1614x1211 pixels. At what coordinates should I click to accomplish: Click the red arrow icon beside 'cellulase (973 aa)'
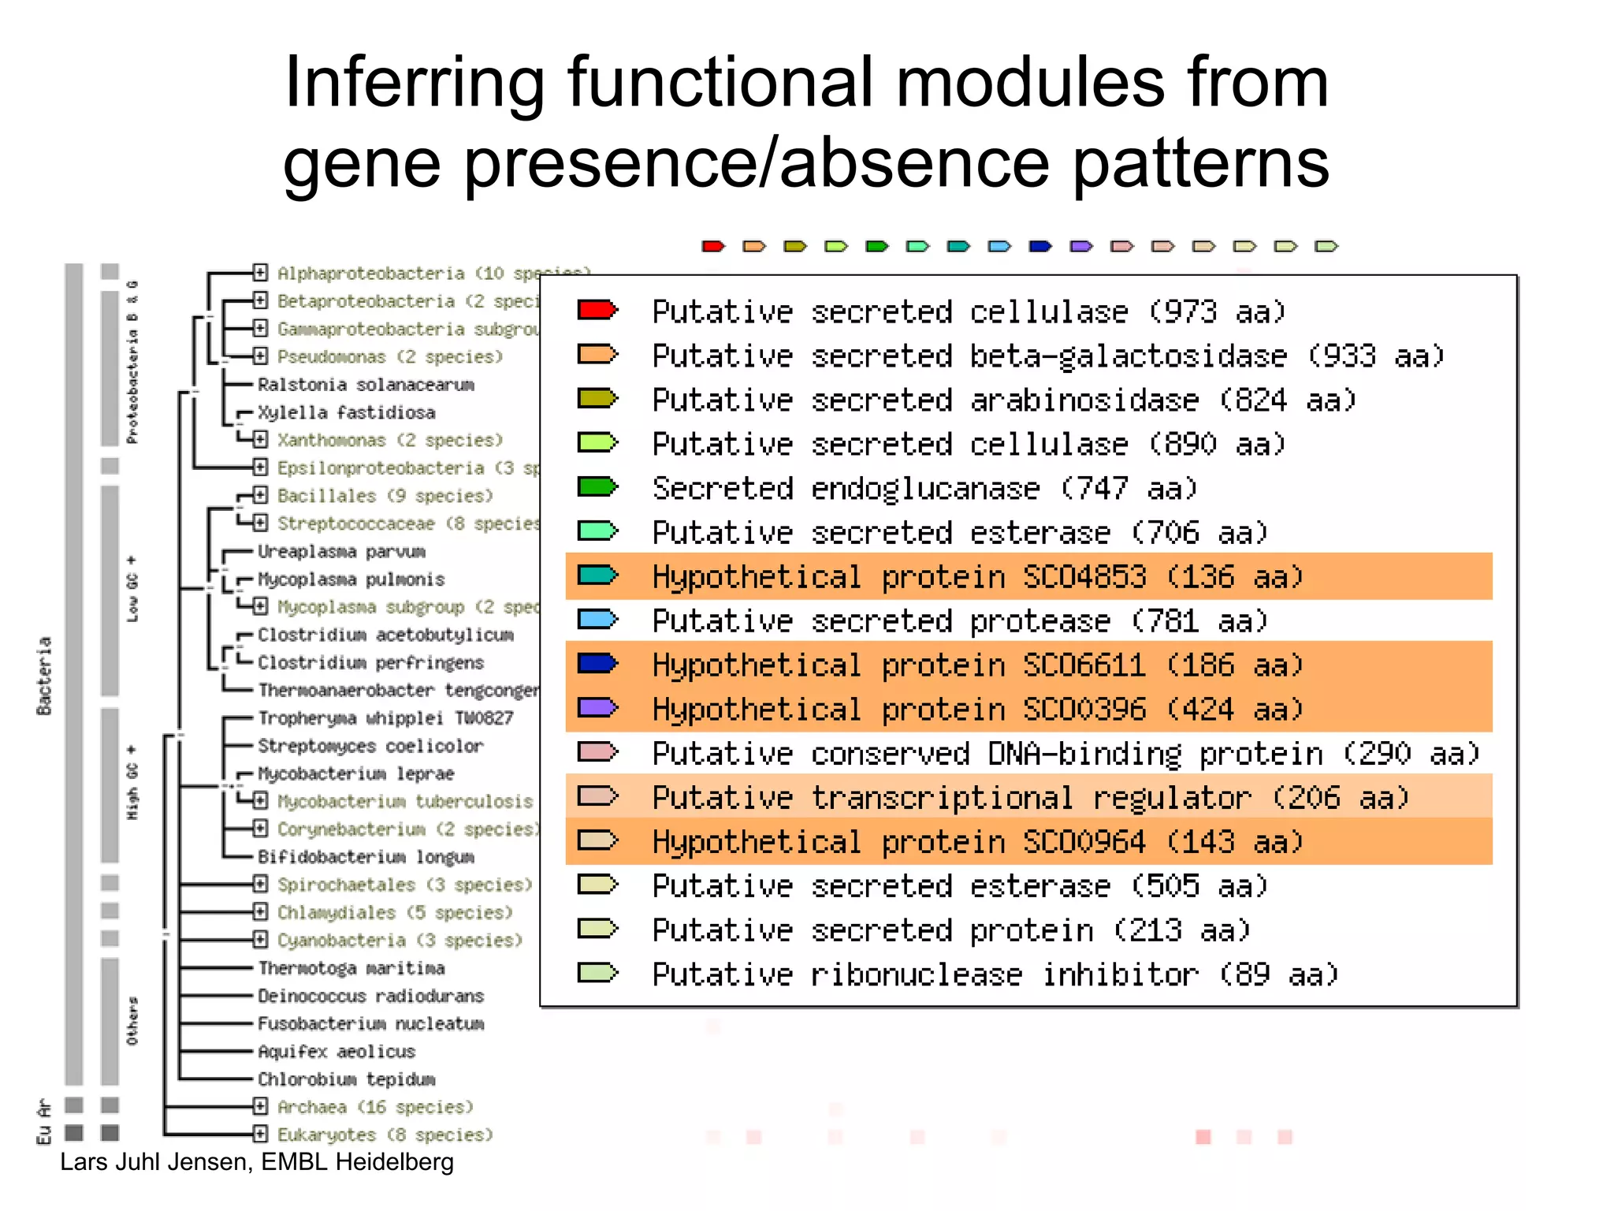[597, 310]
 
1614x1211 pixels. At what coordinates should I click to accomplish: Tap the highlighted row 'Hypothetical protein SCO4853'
[977, 577]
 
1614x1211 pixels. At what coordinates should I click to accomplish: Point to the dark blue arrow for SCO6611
[597, 664]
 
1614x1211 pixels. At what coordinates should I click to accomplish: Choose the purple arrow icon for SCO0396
[597, 708]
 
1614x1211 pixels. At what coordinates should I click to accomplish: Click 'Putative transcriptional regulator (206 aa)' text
[1030, 798]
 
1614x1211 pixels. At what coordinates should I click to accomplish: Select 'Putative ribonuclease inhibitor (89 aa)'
[995, 975]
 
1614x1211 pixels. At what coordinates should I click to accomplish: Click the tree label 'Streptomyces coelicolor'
[370, 746]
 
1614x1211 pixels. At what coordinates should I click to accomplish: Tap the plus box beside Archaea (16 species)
[260, 1106]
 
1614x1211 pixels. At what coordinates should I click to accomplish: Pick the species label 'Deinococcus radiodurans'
[370, 996]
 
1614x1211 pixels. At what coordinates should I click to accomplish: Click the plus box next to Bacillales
[260, 495]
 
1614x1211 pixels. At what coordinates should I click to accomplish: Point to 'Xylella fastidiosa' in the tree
[346, 412]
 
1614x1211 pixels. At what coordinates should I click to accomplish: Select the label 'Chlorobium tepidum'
[346, 1079]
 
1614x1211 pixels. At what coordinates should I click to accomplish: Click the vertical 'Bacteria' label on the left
[44, 676]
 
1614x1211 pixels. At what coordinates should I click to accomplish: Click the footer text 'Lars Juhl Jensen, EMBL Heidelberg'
[257, 1162]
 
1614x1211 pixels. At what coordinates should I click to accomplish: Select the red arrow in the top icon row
[712, 247]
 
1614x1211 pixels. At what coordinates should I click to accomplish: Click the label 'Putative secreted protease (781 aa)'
[959, 621]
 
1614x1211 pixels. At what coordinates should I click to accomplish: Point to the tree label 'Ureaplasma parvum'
[341, 551]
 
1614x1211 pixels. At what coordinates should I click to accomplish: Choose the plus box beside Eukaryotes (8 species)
[260, 1135]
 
